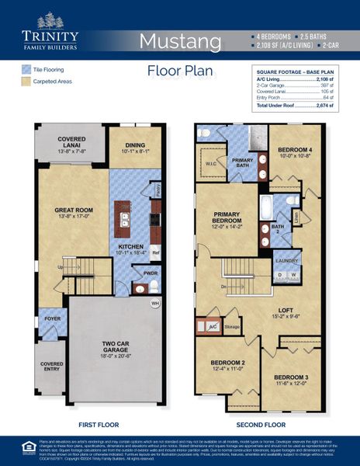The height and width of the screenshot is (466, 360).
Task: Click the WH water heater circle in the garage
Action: tap(154, 303)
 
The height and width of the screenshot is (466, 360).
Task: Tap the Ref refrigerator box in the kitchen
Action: tap(155, 252)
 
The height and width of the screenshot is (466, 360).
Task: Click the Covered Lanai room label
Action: tap(71, 144)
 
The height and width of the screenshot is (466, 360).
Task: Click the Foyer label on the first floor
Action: tap(51, 318)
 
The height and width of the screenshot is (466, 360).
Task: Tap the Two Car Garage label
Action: tap(113, 349)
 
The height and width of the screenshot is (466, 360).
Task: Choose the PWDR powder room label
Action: tap(150, 273)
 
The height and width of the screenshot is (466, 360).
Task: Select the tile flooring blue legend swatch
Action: tap(26, 69)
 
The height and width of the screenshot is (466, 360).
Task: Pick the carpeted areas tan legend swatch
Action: tap(26, 81)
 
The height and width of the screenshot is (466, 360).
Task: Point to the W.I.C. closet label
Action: tap(212, 164)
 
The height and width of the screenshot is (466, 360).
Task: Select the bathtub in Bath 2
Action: tap(267, 209)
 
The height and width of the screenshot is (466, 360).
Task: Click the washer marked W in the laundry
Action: tap(292, 275)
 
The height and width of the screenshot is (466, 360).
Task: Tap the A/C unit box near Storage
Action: tap(212, 327)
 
